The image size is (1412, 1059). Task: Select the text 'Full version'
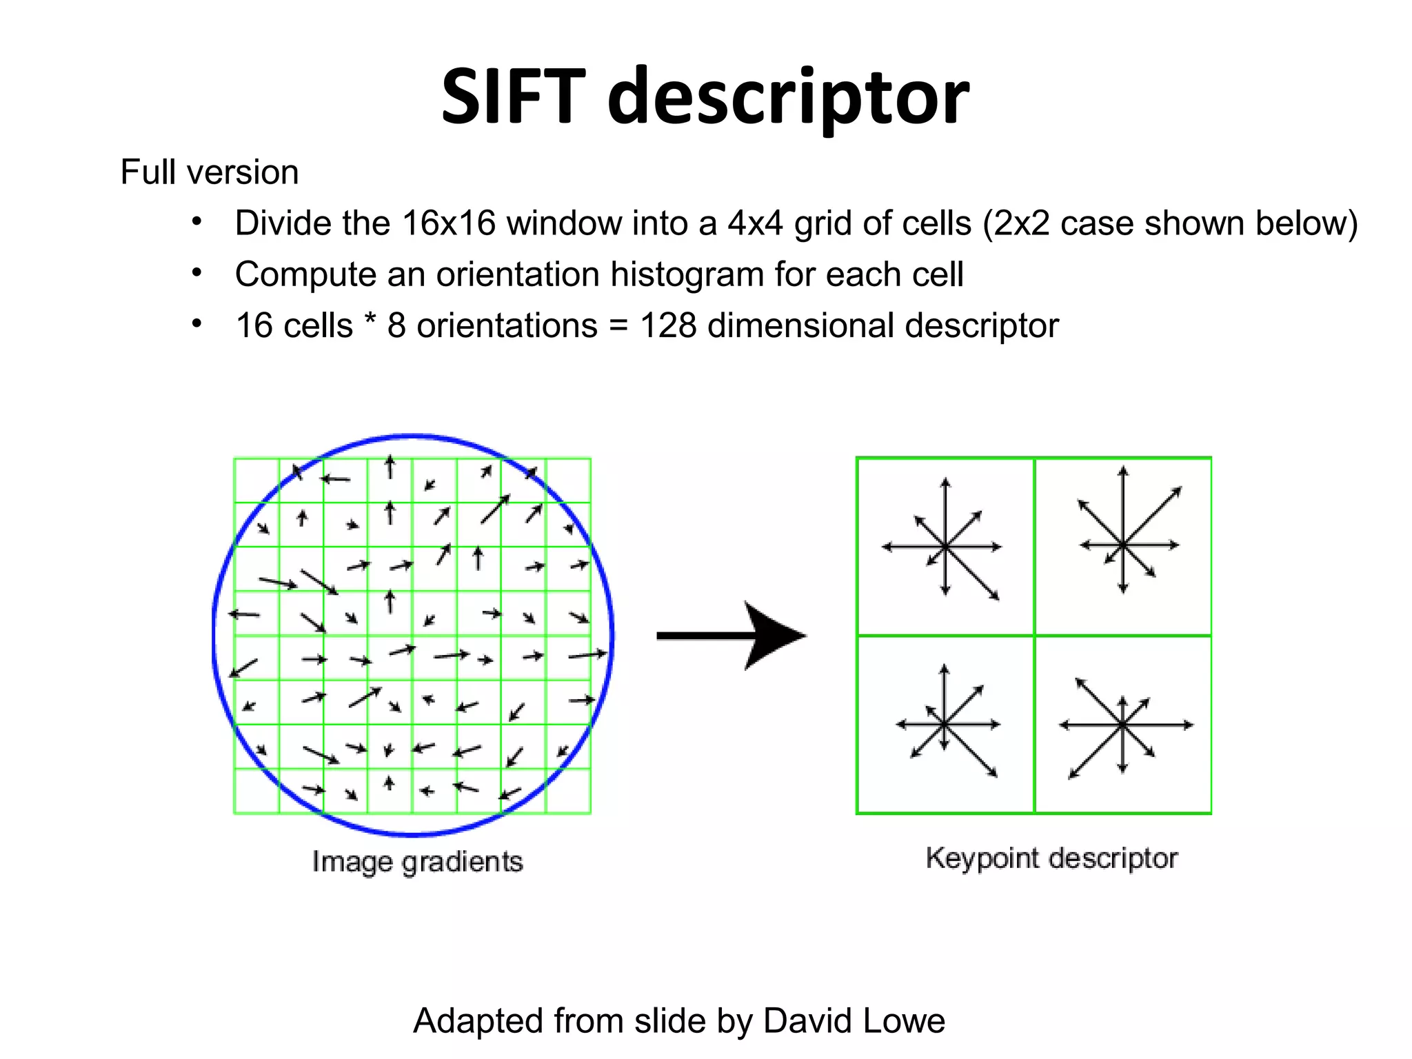pyautogui.click(x=210, y=172)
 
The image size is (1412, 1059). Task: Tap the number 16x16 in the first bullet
pyautogui.click(x=449, y=223)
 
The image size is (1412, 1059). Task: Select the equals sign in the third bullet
pyautogui.click(x=618, y=326)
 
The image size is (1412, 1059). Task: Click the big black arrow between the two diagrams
pyautogui.click(x=731, y=636)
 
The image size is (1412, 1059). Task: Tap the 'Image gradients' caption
pyautogui.click(x=417, y=862)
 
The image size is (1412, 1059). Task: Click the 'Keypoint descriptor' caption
pyautogui.click(x=1051, y=858)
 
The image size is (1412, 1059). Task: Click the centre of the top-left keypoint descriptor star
pyautogui.click(x=945, y=547)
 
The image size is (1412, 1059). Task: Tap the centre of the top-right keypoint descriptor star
pyautogui.click(x=1123, y=545)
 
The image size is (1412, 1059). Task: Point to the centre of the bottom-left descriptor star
pyautogui.click(x=945, y=724)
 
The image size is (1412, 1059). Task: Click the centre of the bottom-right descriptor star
pyautogui.click(x=1122, y=725)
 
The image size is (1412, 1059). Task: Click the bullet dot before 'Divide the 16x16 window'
pyautogui.click(x=196, y=222)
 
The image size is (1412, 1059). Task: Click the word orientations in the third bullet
pyautogui.click(x=507, y=325)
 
